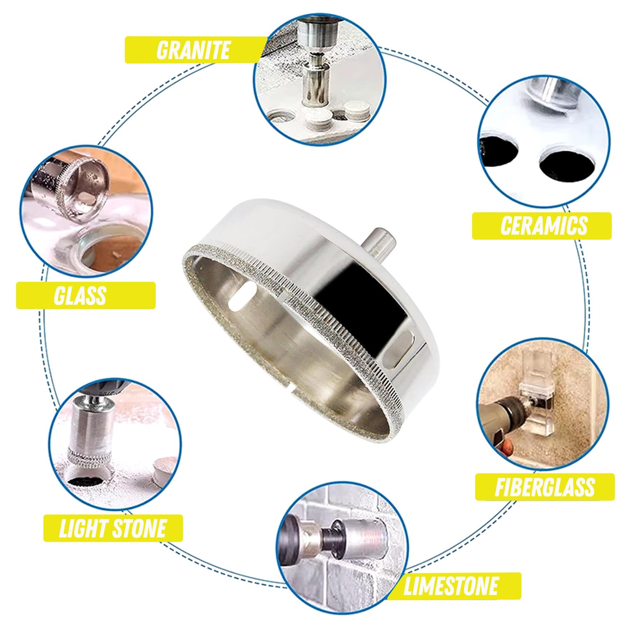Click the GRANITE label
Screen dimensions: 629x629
tap(193, 50)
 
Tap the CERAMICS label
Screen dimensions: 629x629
tap(542, 226)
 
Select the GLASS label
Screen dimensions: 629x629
tap(80, 296)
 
